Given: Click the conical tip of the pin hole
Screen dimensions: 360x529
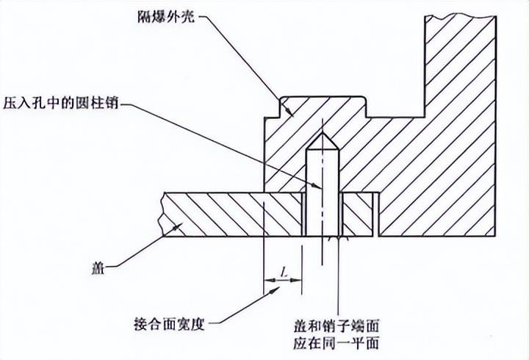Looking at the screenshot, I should pos(320,140).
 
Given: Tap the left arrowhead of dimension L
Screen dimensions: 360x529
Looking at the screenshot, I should pos(266,280).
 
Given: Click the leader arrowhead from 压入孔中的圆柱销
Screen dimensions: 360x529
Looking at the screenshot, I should pos(317,187).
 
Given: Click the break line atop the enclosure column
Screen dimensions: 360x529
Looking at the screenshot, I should pos(459,12).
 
